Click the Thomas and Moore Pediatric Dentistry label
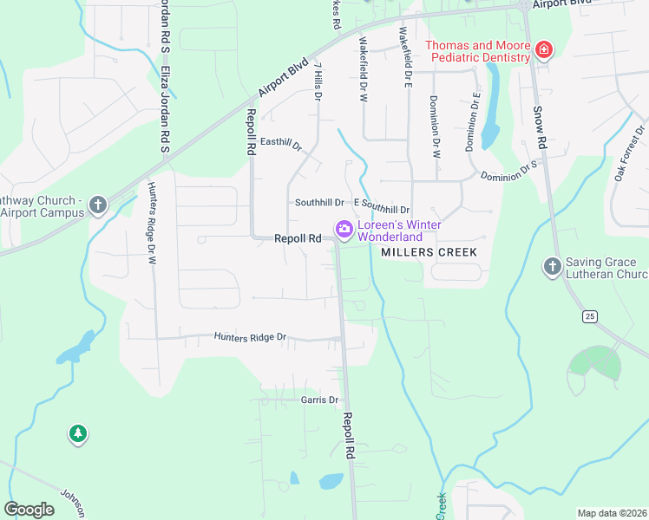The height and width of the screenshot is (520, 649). (x=476, y=51)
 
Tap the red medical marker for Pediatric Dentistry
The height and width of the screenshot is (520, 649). (x=544, y=50)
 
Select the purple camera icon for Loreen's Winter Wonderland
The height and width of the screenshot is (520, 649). (x=344, y=230)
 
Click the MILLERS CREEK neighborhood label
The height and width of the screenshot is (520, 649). (x=429, y=252)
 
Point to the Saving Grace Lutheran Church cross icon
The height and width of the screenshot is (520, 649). (x=552, y=266)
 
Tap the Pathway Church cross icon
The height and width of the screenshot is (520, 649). (x=98, y=205)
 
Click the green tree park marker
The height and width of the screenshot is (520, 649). (x=78, y=433)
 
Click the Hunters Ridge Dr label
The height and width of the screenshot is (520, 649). (x=250, y=336)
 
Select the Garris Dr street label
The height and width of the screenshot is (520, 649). (x=318, y=400)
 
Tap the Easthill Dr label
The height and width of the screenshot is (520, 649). (x=280, y=143)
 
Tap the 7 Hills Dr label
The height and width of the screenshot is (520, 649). (x=318, y=82)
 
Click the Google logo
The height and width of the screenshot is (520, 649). (x=29, y=510)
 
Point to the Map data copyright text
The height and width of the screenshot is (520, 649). (x=612, y=513)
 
